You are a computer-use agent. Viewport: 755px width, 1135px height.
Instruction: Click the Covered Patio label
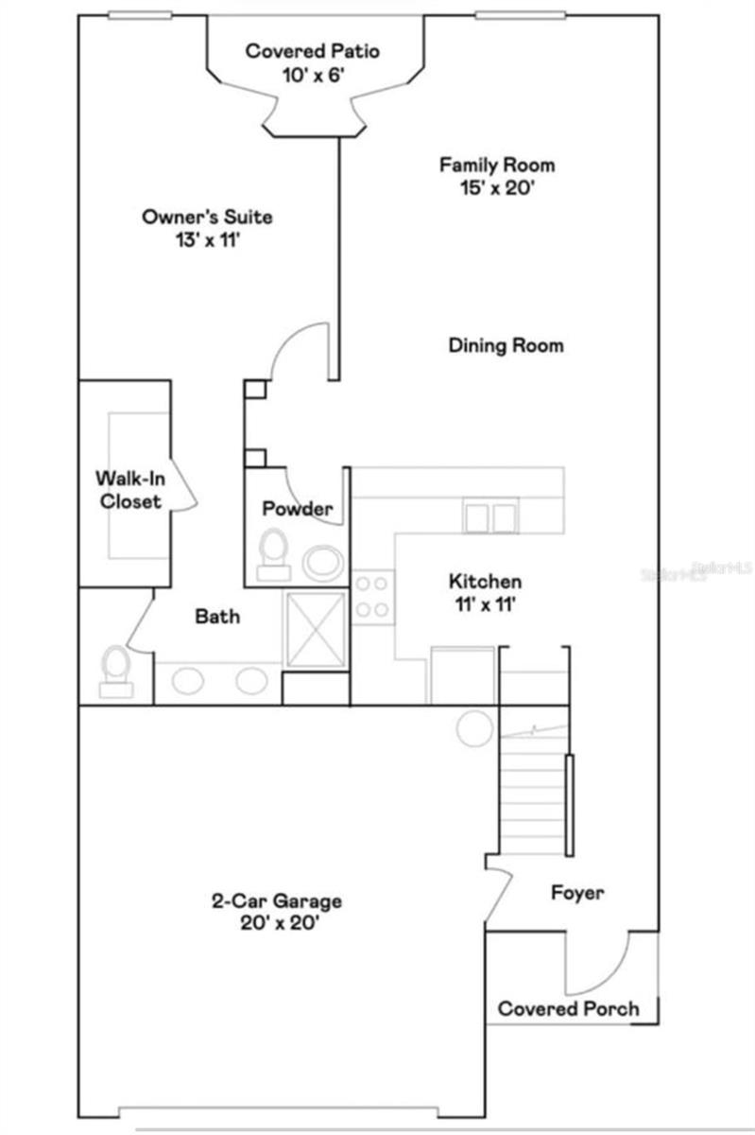313,51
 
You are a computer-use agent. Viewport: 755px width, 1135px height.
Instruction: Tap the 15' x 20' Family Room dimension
496,188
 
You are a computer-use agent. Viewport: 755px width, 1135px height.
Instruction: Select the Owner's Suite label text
207,217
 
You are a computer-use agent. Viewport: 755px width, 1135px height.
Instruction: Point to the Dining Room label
506,345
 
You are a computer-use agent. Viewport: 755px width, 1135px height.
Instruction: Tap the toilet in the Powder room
274,551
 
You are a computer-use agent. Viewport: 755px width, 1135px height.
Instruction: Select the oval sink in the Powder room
324,562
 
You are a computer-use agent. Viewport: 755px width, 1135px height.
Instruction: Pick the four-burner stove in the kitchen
372,597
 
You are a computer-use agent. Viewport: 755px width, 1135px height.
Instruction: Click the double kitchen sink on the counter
489,517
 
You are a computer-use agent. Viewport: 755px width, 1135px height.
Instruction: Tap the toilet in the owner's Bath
115,670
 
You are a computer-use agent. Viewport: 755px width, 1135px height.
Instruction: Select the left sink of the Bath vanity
187,680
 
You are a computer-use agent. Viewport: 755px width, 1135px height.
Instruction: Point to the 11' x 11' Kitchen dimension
484,605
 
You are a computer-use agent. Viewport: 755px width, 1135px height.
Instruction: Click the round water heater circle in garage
472,728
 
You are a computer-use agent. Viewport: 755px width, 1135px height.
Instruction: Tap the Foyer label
577,892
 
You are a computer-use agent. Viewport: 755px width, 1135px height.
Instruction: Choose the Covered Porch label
568,1008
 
